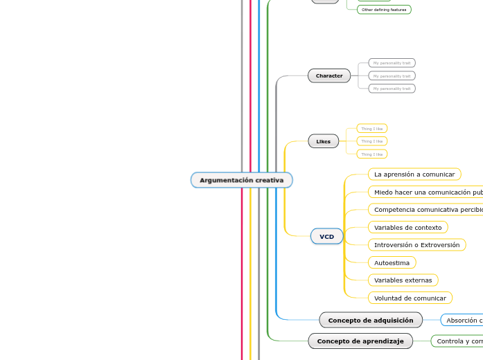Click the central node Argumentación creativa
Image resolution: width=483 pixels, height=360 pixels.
click(241, 180)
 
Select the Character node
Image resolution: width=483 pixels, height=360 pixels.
click(329, 75)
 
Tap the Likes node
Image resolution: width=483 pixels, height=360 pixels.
click(323, 141)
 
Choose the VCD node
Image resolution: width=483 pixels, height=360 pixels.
click(326, 237)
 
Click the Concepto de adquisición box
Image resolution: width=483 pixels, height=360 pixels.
click(370, 320)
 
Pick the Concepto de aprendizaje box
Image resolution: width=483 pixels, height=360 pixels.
click(360, 341)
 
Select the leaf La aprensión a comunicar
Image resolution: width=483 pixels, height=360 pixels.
click(414, 174)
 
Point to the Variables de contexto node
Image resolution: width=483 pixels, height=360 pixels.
click(407, 227)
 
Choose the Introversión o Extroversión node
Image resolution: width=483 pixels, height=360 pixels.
click(416, 245)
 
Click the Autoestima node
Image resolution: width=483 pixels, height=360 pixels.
click(392, 262)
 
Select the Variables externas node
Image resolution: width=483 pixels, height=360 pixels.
click(403, 280)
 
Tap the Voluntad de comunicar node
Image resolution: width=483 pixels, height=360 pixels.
click(410, 298)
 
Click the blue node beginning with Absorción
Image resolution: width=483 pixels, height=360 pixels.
click(463, 320)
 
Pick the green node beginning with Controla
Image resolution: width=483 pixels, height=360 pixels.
click(458, 341)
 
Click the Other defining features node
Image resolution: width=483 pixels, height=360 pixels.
click(384, 10)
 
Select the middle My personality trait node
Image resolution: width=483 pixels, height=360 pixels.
click(392, 75)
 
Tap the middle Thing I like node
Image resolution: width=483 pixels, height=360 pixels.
click(371, 141)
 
